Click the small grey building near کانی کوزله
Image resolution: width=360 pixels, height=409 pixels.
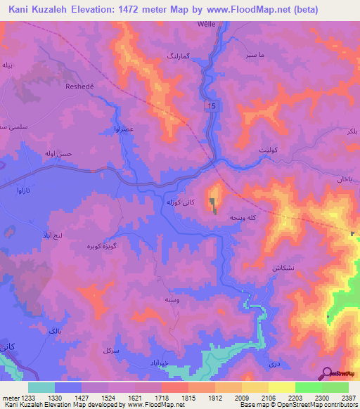(x=213, y=204)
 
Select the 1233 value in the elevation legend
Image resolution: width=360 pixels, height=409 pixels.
(x=28, y=398)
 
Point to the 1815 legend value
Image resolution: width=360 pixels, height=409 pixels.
(x=188, y=398)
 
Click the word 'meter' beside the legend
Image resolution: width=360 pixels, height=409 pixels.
(x=10, y=398)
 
